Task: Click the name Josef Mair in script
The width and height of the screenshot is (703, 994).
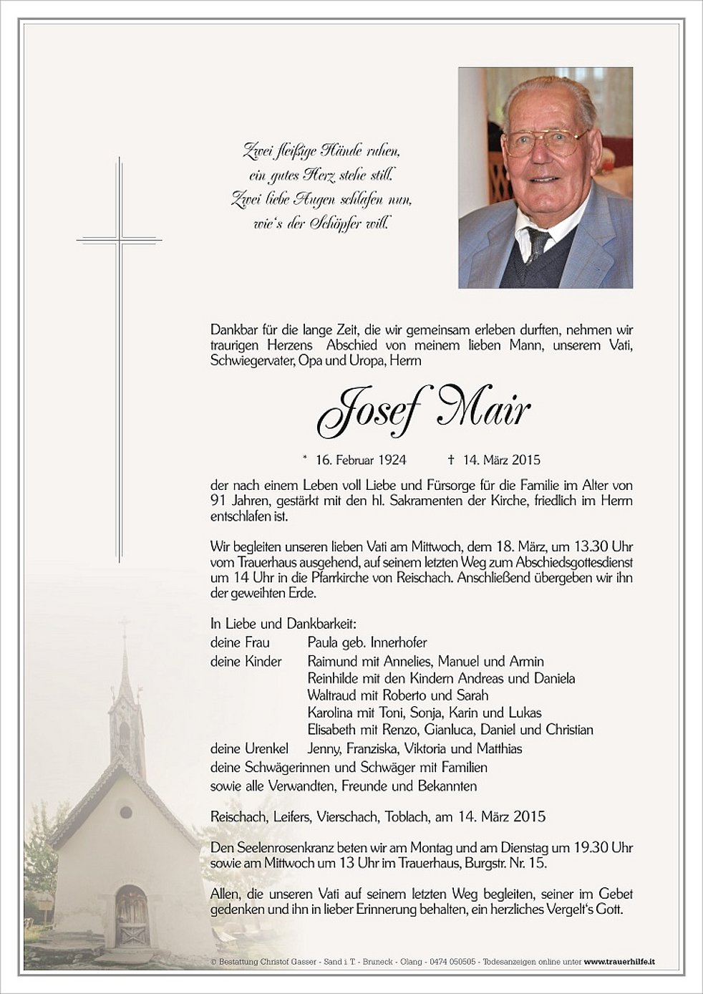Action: [x=423, y=410]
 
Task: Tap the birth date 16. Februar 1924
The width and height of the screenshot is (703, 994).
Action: [x=355, y=460]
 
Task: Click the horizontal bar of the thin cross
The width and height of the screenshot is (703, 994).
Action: [x=120, y=238]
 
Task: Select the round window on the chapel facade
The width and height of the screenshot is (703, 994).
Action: [x=126, y=812]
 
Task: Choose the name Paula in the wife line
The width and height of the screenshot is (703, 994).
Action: [x=323, y=642]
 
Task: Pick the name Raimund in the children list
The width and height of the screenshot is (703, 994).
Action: [x=333, y=661]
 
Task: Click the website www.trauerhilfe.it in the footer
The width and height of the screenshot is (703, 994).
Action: [x=620, y=962]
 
